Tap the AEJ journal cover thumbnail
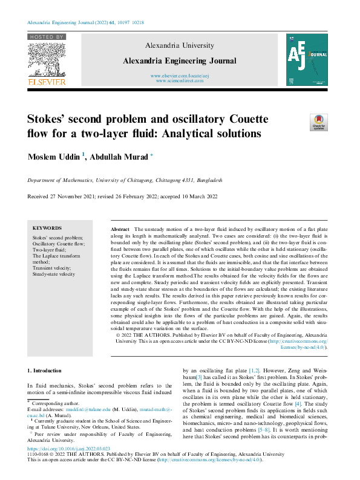click(307, 59)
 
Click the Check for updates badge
click(318, 122)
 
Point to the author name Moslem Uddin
click(53, 157)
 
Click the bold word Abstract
click(120, 230)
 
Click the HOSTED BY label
click(46, 37)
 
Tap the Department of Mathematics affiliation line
click(125, 180)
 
